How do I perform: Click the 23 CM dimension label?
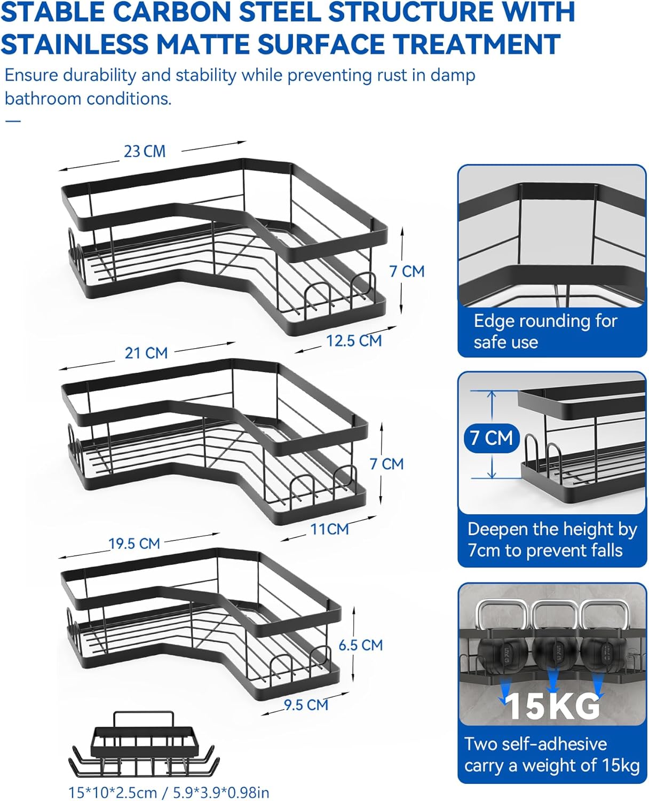tap(145, 151)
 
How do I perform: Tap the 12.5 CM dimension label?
tap(354, 341)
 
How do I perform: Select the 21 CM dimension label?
tap(146, 353)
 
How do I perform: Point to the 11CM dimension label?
tap(330, 529)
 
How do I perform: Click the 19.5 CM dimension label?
tap(134, 544)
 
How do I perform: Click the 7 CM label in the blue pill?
tap(491, 438)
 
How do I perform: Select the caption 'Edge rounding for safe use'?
tap(545, 331)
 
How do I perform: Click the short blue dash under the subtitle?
tap(13, 121)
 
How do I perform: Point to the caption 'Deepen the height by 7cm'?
tap(552, 539)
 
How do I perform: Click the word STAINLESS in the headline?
tap(75, 44)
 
